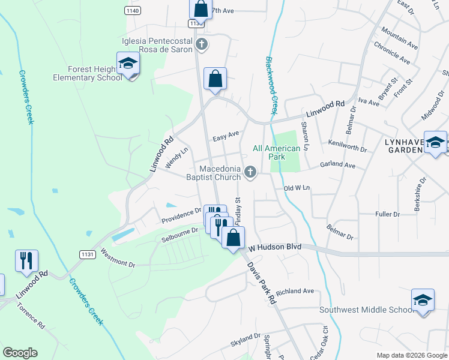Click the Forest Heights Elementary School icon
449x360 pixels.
pyautogui.click(x=128, y=64)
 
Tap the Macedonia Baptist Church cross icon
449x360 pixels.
pyautogui.click(x=251, y=173)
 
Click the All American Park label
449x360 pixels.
pyautogui.click(x=276, y=152)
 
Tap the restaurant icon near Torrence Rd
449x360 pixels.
pyautogui.click(x=26, y=261)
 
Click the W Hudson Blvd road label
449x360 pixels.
pyautogui.click(x=274, y=247)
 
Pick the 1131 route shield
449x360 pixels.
pyautogui.click(x=87, y=254)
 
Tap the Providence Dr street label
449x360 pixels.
pyautogui.click(x=181, y=216)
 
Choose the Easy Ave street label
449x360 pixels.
pyautogui.click(x=225, y=136)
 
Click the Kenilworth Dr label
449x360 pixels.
pyautogui.click(x=347, y=145)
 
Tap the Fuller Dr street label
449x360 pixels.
pyautogui.click(x=387, y=214)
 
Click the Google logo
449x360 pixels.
pyautogui.click(x=20, y=353)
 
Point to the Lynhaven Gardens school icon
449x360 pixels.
pyautogui.click(x=435, y=142)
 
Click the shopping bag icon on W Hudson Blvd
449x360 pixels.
pyautogui.click(x=233, y=238)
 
